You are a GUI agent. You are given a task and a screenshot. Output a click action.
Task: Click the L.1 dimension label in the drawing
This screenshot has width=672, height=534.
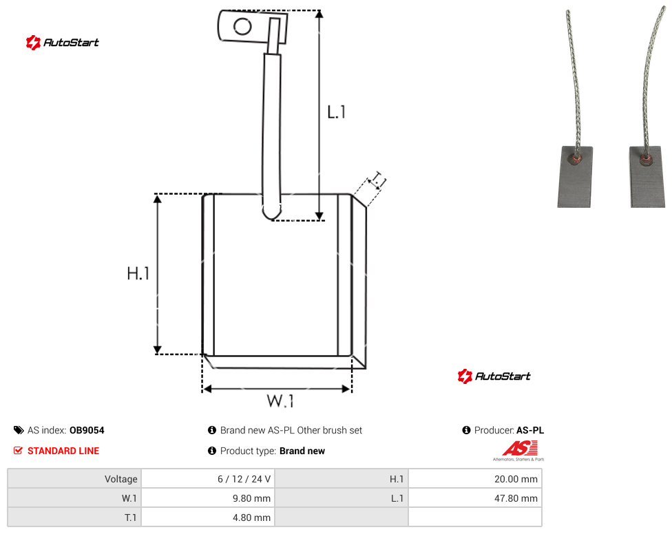point(337,112)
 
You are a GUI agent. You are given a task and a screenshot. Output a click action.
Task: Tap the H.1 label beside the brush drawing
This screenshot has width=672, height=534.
point(138,273)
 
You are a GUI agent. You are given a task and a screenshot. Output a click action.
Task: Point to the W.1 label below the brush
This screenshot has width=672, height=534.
point(280,401)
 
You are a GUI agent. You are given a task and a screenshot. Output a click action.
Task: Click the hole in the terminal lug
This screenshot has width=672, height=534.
point(242,27)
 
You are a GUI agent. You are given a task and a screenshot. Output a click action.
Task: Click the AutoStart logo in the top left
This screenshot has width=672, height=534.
point(63,43)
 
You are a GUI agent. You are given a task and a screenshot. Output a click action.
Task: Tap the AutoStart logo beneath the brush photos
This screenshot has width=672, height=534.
point(494,376)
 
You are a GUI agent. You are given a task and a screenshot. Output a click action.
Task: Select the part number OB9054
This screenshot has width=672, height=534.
point(87,430)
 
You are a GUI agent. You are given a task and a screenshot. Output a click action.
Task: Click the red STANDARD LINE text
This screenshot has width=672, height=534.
point(63,451)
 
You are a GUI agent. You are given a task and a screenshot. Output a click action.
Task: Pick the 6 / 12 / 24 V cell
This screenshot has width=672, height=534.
point(208,479)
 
